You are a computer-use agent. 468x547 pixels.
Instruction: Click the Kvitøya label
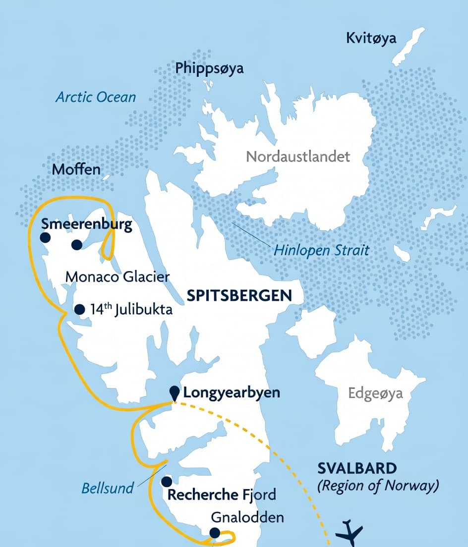point(371,38)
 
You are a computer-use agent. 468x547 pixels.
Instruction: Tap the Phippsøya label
point(209,68)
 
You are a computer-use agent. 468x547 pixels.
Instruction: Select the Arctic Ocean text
point(96,97)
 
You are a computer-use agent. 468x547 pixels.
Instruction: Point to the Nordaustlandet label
point(298,157)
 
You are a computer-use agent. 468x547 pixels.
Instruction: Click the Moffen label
point(76,169)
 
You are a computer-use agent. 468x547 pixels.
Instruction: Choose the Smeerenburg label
point(86,224)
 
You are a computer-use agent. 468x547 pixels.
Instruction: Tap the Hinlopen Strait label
point(321,250)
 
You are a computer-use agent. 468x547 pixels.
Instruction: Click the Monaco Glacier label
point(117,276)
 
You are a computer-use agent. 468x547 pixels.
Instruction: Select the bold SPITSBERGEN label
point(239,296)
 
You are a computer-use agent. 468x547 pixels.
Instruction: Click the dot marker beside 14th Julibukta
point(79,310)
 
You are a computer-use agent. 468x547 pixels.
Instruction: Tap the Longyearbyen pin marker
point(174,392)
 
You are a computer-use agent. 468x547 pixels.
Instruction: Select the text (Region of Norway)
point(378,486)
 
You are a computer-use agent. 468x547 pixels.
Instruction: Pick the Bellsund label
point(108,488)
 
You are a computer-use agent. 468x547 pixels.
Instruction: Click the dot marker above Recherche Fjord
point(167,482)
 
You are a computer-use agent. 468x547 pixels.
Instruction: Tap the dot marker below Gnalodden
point(215,533)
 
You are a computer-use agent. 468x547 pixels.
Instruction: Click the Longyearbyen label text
point(232,393)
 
